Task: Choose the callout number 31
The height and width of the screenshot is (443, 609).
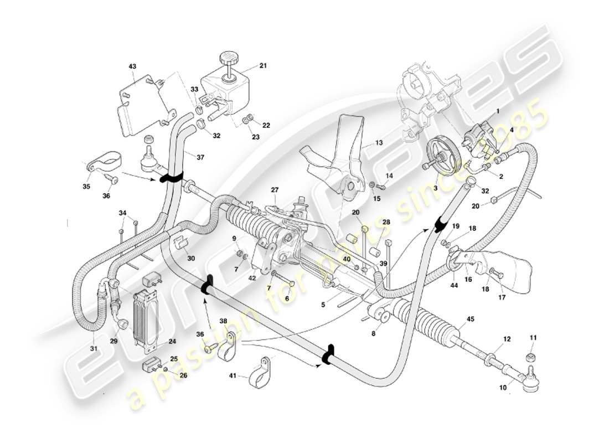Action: [x=95, y=348]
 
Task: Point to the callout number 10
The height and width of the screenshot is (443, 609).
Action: [x=503, y=388]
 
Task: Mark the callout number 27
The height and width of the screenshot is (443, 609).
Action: [x=274, y=190]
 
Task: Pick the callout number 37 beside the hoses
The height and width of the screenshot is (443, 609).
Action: [x=200, y=157]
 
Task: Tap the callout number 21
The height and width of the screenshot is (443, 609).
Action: [x=263, y=66]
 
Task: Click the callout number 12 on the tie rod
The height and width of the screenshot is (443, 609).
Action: [x=507, y=338]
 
